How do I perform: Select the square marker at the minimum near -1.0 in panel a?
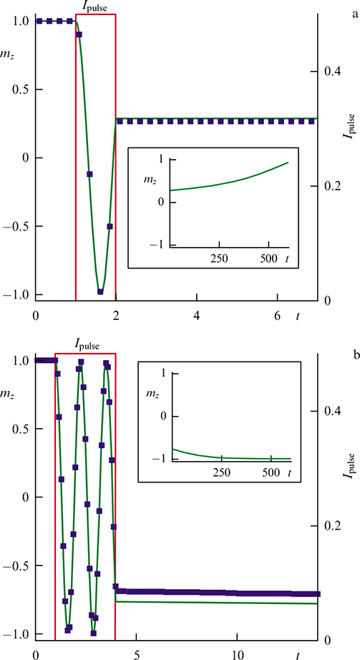[100, 291]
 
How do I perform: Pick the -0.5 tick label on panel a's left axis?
[19, 226]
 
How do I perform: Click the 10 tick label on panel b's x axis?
[237, 654]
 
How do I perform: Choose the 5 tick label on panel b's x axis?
[137, 654]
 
